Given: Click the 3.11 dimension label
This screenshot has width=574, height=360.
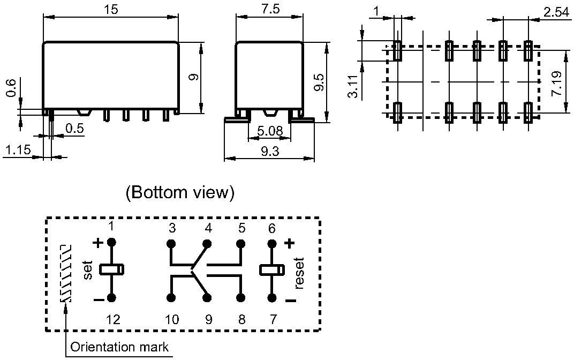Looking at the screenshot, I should click(x=352, y=86).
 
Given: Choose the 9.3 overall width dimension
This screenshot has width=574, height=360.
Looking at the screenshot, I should click(x=269, y=152).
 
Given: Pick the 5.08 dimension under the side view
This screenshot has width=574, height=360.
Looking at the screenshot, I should click(x=269, y=132).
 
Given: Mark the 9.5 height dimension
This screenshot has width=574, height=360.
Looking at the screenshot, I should click(x=318, y=83).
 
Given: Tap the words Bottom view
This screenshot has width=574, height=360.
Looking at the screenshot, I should click(x=180, y=193).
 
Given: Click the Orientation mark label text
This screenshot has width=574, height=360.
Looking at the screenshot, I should click(x=119, y=347).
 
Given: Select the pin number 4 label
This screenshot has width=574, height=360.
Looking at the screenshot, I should click(x=208, y=228).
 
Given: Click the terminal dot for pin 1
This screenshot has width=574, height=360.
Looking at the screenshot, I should click(x=111, y=243).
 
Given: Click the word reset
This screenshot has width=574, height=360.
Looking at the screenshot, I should click(x=299, y=273).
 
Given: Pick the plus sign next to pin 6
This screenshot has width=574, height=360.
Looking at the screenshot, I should click(x=289, y=243).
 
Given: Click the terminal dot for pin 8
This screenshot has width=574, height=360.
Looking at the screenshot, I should click(x=241, y=297).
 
